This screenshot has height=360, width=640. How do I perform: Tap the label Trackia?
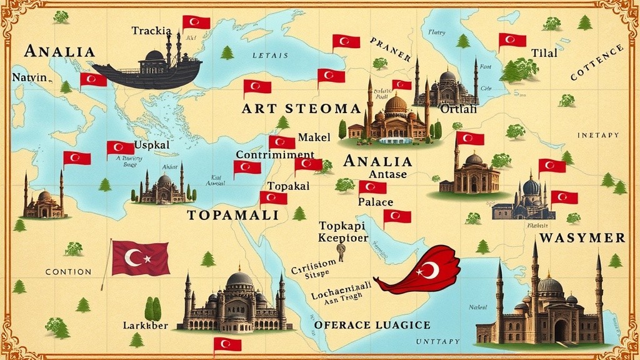tap(152, 30)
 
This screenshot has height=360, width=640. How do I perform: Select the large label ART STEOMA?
tap(291, 109)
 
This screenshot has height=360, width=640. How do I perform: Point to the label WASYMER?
tap(582, 238)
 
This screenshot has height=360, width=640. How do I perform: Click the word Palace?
tap(376, 202)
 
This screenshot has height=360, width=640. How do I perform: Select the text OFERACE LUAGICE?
tap(372, 325)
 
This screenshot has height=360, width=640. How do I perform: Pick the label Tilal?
tap(543, 53)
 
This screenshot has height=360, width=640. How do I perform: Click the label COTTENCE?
tap(596, 62)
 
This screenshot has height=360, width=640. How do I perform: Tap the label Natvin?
tap(29, 77)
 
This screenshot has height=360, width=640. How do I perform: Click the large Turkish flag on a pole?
tap(140, 258)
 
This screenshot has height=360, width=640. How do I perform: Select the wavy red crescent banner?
tap(421, 271)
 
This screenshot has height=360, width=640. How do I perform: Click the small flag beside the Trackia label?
tap(196, 22)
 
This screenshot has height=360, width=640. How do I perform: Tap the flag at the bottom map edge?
tap(227, 344)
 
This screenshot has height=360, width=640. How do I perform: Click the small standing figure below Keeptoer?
tap(341, 251)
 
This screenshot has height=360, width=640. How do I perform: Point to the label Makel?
tap(314, 137)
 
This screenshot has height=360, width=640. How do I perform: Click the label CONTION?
tap(68, 272)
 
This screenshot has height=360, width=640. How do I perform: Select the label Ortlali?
tap(458, 109)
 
